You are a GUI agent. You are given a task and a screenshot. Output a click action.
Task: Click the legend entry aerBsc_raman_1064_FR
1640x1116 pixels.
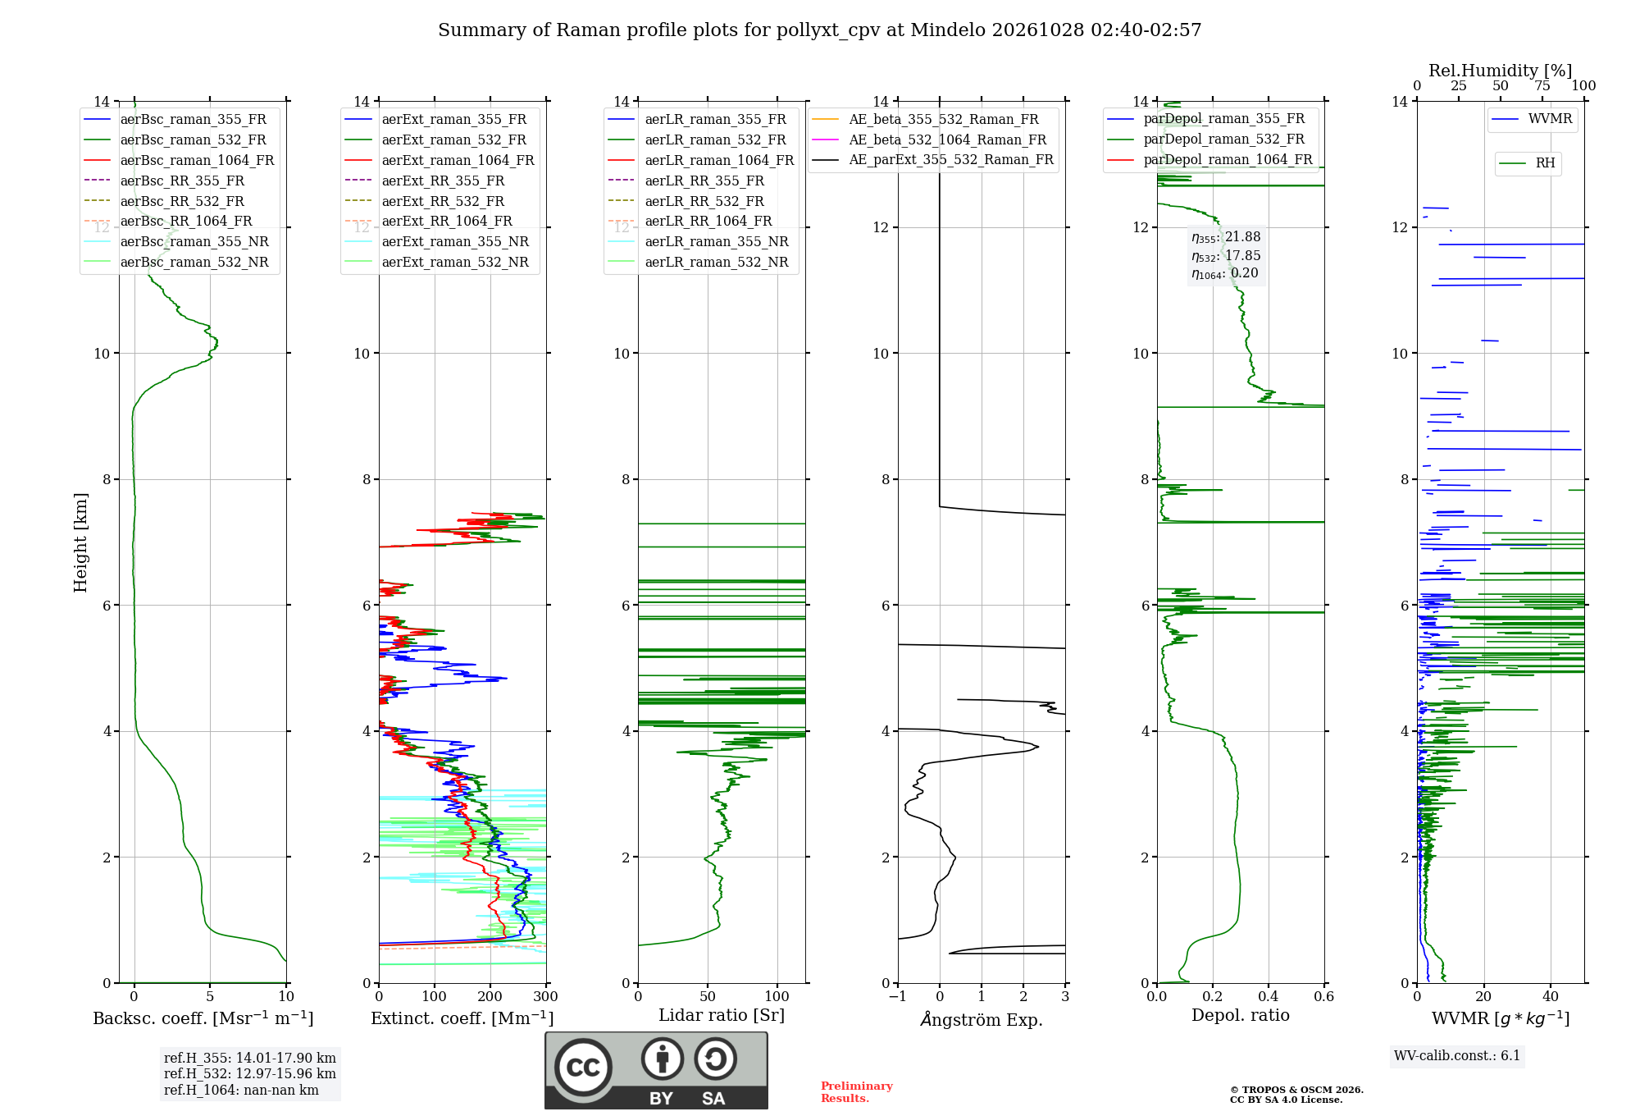coord(179,161)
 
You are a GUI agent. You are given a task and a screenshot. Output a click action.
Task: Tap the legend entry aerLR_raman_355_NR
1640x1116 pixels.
coord(698,242)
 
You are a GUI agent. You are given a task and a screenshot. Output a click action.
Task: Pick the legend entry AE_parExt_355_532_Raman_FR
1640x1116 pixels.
coord(932,160)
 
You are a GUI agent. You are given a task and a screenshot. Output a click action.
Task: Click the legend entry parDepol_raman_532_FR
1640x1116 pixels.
coord(1205,139)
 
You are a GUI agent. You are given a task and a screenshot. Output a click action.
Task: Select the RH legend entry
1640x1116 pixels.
coord(1527,163)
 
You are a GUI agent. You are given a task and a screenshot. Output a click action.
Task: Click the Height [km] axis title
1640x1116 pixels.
coord(80,542)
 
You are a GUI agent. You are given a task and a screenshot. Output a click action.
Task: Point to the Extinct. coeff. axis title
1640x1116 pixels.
coord(462,1018)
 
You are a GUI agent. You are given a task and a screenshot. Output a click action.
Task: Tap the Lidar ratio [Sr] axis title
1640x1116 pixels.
coord(722,1016)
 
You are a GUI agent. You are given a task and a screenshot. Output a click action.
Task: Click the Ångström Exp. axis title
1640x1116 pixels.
coord(982,1019)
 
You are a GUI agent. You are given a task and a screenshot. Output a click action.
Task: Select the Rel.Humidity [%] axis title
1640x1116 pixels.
coord(1501,71)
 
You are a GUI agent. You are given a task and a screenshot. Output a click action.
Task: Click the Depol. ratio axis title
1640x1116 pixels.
coord(1241,1016)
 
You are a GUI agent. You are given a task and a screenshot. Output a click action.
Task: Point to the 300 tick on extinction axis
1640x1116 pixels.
coord(546,997)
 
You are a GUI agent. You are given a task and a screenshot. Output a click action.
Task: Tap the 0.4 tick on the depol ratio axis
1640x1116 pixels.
coord(1269,997)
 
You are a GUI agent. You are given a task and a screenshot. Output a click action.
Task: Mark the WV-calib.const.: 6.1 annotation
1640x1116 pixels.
coord(1457,1056)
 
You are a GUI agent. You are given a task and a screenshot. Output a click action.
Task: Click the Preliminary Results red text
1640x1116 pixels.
coord(857,1092)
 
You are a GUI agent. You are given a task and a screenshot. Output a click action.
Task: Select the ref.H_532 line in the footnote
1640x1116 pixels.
coord(250,1074)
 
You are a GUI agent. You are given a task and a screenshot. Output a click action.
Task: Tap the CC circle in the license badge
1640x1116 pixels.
coord(583,1068)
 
